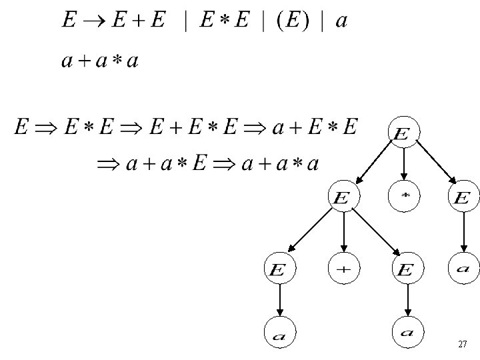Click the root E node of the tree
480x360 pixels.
click(x=402, y=133)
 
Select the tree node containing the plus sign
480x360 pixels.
click(x=343, y=269)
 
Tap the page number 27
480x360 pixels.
click(x=463, y=345)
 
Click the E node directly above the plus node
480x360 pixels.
click(x=343, y=197)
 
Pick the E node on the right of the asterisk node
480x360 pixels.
click(x=462, y=197)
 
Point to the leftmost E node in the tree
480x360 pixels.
click(x=280, y=269)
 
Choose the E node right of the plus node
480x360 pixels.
click(x=405, y=269)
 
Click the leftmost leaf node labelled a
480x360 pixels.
click(x=280, y=335)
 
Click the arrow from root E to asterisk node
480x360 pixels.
click(x=403, y=165)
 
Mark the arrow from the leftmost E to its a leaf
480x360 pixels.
click(x=280, y=301)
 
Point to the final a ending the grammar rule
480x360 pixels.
click(x=341, y=23)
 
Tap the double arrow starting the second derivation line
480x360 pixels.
click(x=107, y=164)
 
